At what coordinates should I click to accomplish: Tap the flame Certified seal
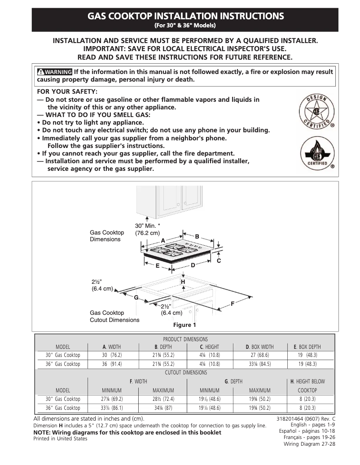(x=316, y=152)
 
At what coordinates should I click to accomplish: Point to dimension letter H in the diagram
(x=183, y=281)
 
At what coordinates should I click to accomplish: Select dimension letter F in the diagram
(x=233, y=304)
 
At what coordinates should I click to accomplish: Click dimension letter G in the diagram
(x=135, y=298)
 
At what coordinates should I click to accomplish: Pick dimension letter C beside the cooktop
(x=219, y=261)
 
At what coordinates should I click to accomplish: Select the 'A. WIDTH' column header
(x=112, y=347)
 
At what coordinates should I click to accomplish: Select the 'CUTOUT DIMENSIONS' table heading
(x=186, y=373)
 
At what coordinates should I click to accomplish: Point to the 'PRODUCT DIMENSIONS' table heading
(x=185, y=339)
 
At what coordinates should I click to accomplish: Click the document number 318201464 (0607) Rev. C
(x=307, y=419)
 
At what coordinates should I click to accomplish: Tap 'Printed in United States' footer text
(x=61, y=439)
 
